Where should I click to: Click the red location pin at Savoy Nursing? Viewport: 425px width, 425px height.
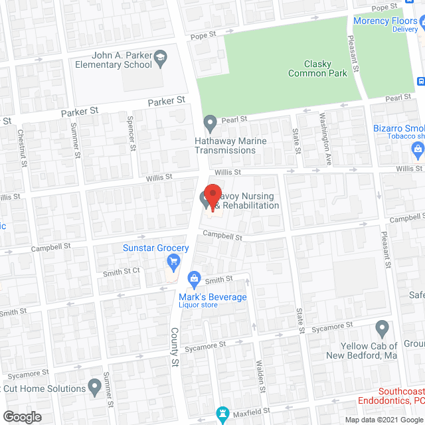tap(212, 197)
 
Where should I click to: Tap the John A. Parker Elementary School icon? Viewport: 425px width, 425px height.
tap(160, 61)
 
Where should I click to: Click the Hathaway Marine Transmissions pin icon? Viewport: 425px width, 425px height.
tap(211, 122)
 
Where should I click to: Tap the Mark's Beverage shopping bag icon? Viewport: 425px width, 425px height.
tap(194, 278)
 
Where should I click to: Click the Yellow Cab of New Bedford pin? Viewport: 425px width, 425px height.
tap(382, 327)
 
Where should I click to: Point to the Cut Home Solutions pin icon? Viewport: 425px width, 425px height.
tap(95, 386)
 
